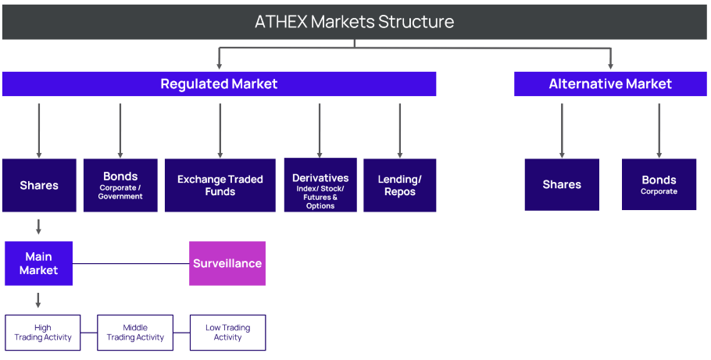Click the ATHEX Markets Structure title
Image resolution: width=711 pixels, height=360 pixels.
(x=355, y=21)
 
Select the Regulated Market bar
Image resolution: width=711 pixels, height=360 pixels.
(x=219, y=84)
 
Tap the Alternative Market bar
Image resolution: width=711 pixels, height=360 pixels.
(x=610, y=84)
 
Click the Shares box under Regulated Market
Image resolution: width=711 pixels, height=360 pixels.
(x=39, y=185)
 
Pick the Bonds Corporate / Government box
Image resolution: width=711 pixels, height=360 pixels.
(x=120, y=185)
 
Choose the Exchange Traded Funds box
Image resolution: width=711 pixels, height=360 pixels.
(x=220, y=185)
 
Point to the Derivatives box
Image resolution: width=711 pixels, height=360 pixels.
(x=320, y=185)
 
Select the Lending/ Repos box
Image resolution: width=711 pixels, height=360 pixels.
(x=400, y=185)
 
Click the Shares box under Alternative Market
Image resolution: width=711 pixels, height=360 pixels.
(x=562, y=185)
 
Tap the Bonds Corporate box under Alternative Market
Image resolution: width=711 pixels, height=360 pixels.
(x=659, y=185)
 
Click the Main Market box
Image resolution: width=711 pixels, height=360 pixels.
(x=39, y=263)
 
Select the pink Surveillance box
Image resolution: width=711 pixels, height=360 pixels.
(x=227, y=263)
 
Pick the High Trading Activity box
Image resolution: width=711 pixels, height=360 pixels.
(x=43, y=333)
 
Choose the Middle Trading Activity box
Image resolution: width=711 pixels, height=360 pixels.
(x=135, y=333)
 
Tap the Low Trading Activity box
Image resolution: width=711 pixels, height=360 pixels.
(x=227, y=333)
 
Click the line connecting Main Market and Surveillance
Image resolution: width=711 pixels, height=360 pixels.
(x=131, y=263)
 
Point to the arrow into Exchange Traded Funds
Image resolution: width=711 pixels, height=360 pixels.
(x=220, y=130)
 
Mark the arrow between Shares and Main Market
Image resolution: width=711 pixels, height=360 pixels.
(x=39, y=226)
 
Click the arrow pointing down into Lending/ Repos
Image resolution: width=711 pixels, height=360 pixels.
(x=400, y=130)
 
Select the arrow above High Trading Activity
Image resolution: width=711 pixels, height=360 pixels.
(x=38, y=300)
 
